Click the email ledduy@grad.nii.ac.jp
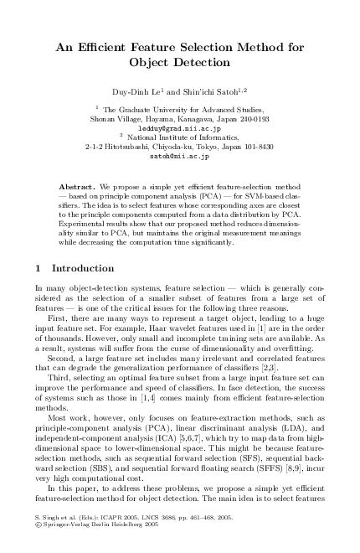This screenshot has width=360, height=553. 179,128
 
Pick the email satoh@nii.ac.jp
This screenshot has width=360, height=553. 179,156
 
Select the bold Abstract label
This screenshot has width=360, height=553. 78,183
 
